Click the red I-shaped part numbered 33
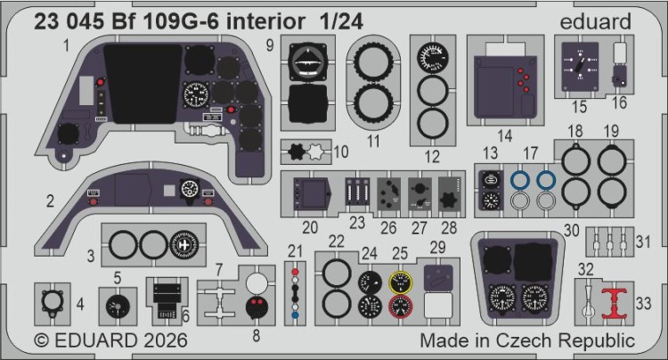tap(614, 303)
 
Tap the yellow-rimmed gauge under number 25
tap(401, 282)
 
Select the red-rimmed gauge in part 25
tap(401, 307)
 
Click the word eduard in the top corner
tap(595, 21)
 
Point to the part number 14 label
tap(504, 136)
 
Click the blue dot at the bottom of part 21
tap(295, 315)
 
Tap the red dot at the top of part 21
tap(295, 272)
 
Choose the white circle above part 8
tap(257, 282)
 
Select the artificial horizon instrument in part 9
tap(307, 62)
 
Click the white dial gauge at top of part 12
tap(432, 57)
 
